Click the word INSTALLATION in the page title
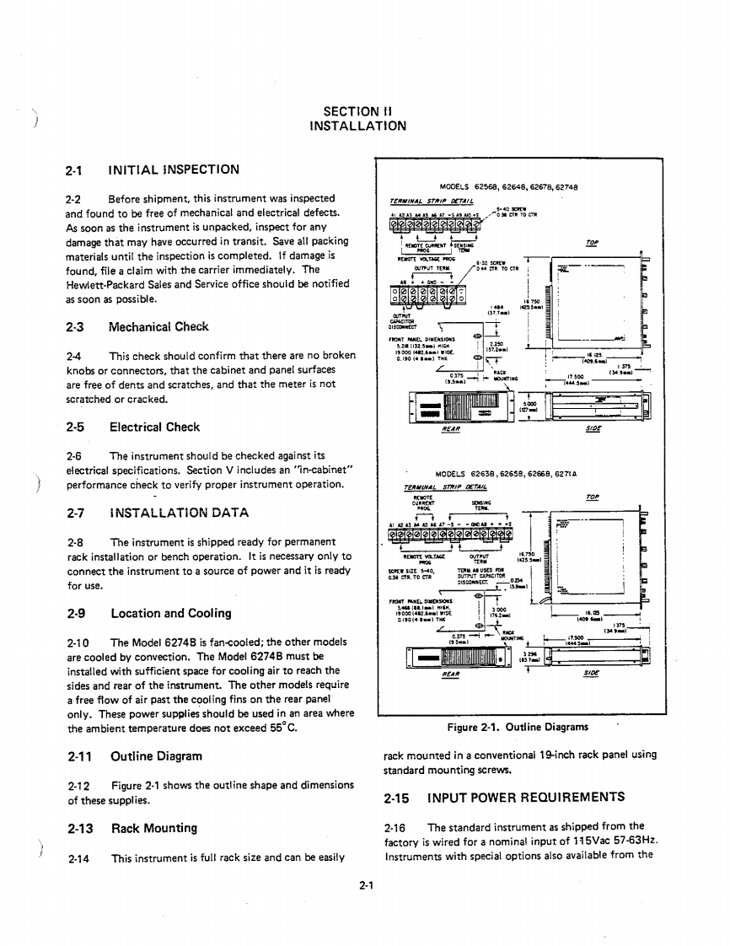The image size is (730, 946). (357, 126)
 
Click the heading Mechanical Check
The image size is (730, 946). (158, 326)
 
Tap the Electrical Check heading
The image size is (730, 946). (154, 427)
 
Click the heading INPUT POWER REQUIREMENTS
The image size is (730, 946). (526, 797)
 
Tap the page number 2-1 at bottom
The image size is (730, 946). (365, 885)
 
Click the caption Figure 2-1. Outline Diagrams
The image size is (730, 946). (518, 727)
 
